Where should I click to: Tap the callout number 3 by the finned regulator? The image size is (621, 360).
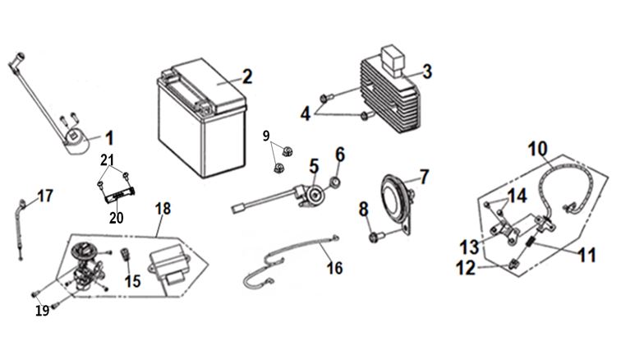(x=427, y=72)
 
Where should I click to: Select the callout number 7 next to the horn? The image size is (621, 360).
(x=424, y=176)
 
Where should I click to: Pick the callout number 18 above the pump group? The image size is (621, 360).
(x=163, y=209)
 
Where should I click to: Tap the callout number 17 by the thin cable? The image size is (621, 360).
(x=45, y=196)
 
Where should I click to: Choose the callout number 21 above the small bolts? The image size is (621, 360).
(x=108, y=159)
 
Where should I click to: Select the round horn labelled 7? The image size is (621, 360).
(x=396, y=198)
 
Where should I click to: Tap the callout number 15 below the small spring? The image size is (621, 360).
(x=133, y=281)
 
